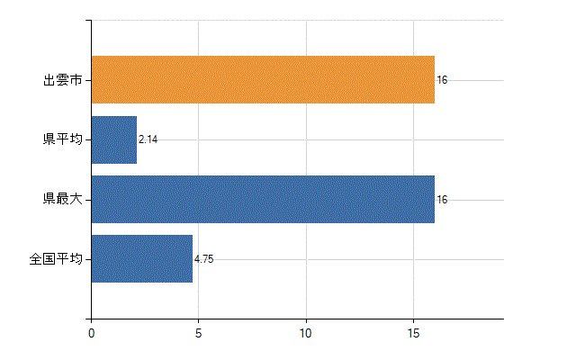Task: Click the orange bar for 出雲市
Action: pyautogui.click(x=263, y=79)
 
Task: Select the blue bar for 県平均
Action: pyautogui.click(x=114, y=139)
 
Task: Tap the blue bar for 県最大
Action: pyautogui.click(x=263, y=199)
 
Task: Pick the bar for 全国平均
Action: pyautogui.click(x=142, y=259)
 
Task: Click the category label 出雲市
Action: pyautogui.click(x=63, y=80)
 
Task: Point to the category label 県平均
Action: pyautogui.click(x=63, y=139)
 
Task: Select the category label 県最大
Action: pyautogui.click(x=63, y=199)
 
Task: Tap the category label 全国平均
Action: pyautogui.click(x=56, y=258)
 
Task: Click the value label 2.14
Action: pyautogui.click(x=148, y=139)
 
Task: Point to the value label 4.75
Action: pyautogui.click(x=203, y=259)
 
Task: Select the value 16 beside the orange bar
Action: pyautogui.click(x=442, y=80)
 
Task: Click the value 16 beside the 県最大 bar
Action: pyautogui.click(x=442, y=200)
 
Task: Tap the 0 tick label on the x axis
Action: pyautogui.click(x=92, y=333)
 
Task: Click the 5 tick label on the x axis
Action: pyautogui.click(x=198, y=333)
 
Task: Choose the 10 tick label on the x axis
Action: pyautogui.click(x=306, y=333)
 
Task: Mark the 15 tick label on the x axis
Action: pyautogui.click(x=413, y=333)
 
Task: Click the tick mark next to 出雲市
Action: pyautogui.click(x=88, y=80)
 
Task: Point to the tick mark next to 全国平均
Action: pyautogui.click(x=88, y=259)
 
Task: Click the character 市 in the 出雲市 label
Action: pyautogui.click(x=76, y=80)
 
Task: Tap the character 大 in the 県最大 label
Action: pyautogui.click(x=76, y=199)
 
